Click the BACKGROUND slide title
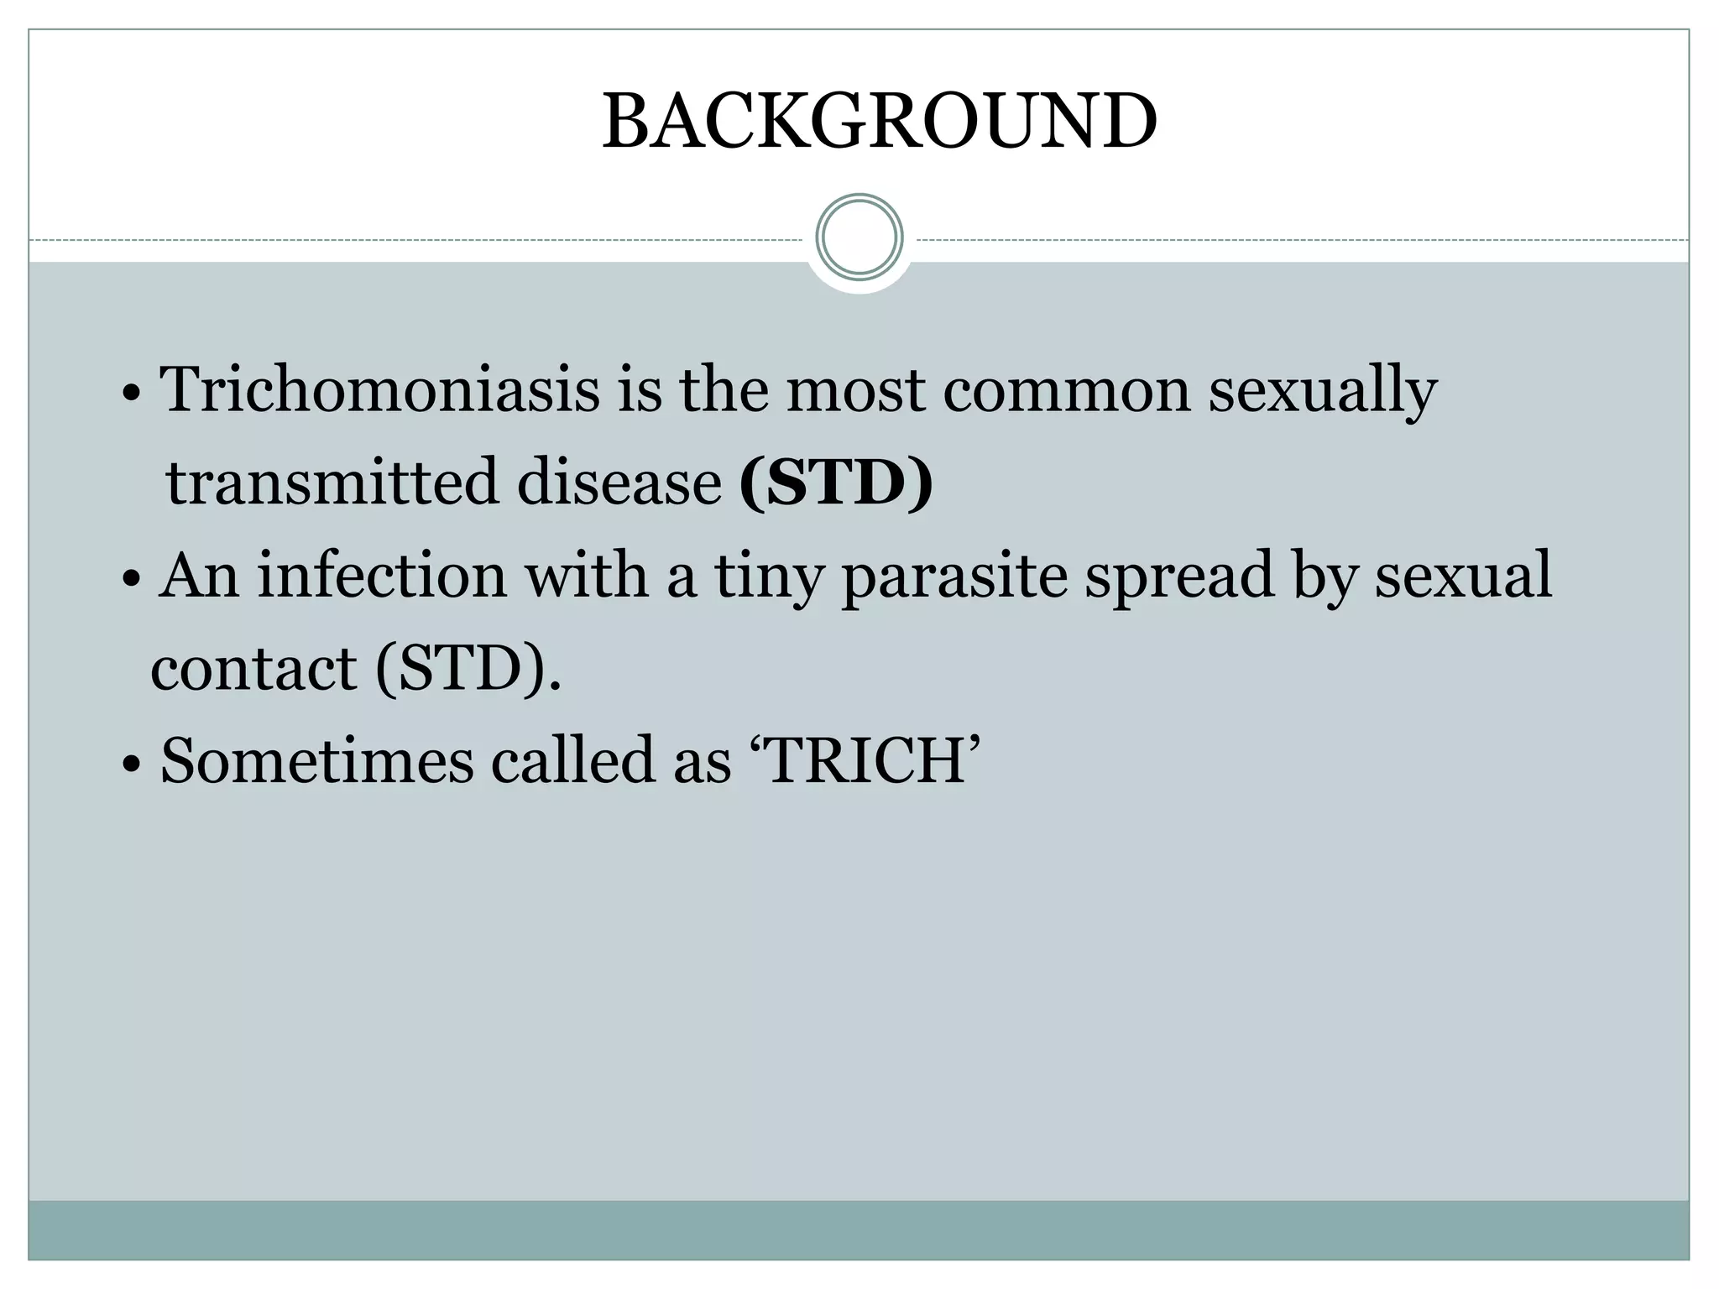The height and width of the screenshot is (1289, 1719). tap(879, 122)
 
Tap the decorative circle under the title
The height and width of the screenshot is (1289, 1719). tap(859, 237)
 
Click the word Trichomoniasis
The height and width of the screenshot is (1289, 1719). tap(380, 389)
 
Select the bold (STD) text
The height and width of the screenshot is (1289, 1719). tap(836, 483)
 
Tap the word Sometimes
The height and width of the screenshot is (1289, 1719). tap(316, 760)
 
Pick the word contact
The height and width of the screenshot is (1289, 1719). tap(253, 668)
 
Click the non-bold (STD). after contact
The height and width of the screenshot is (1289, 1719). tap(468, 669)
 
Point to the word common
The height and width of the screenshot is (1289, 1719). tap(1066, 391)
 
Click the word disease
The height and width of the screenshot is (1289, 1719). tap(619, 483)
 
